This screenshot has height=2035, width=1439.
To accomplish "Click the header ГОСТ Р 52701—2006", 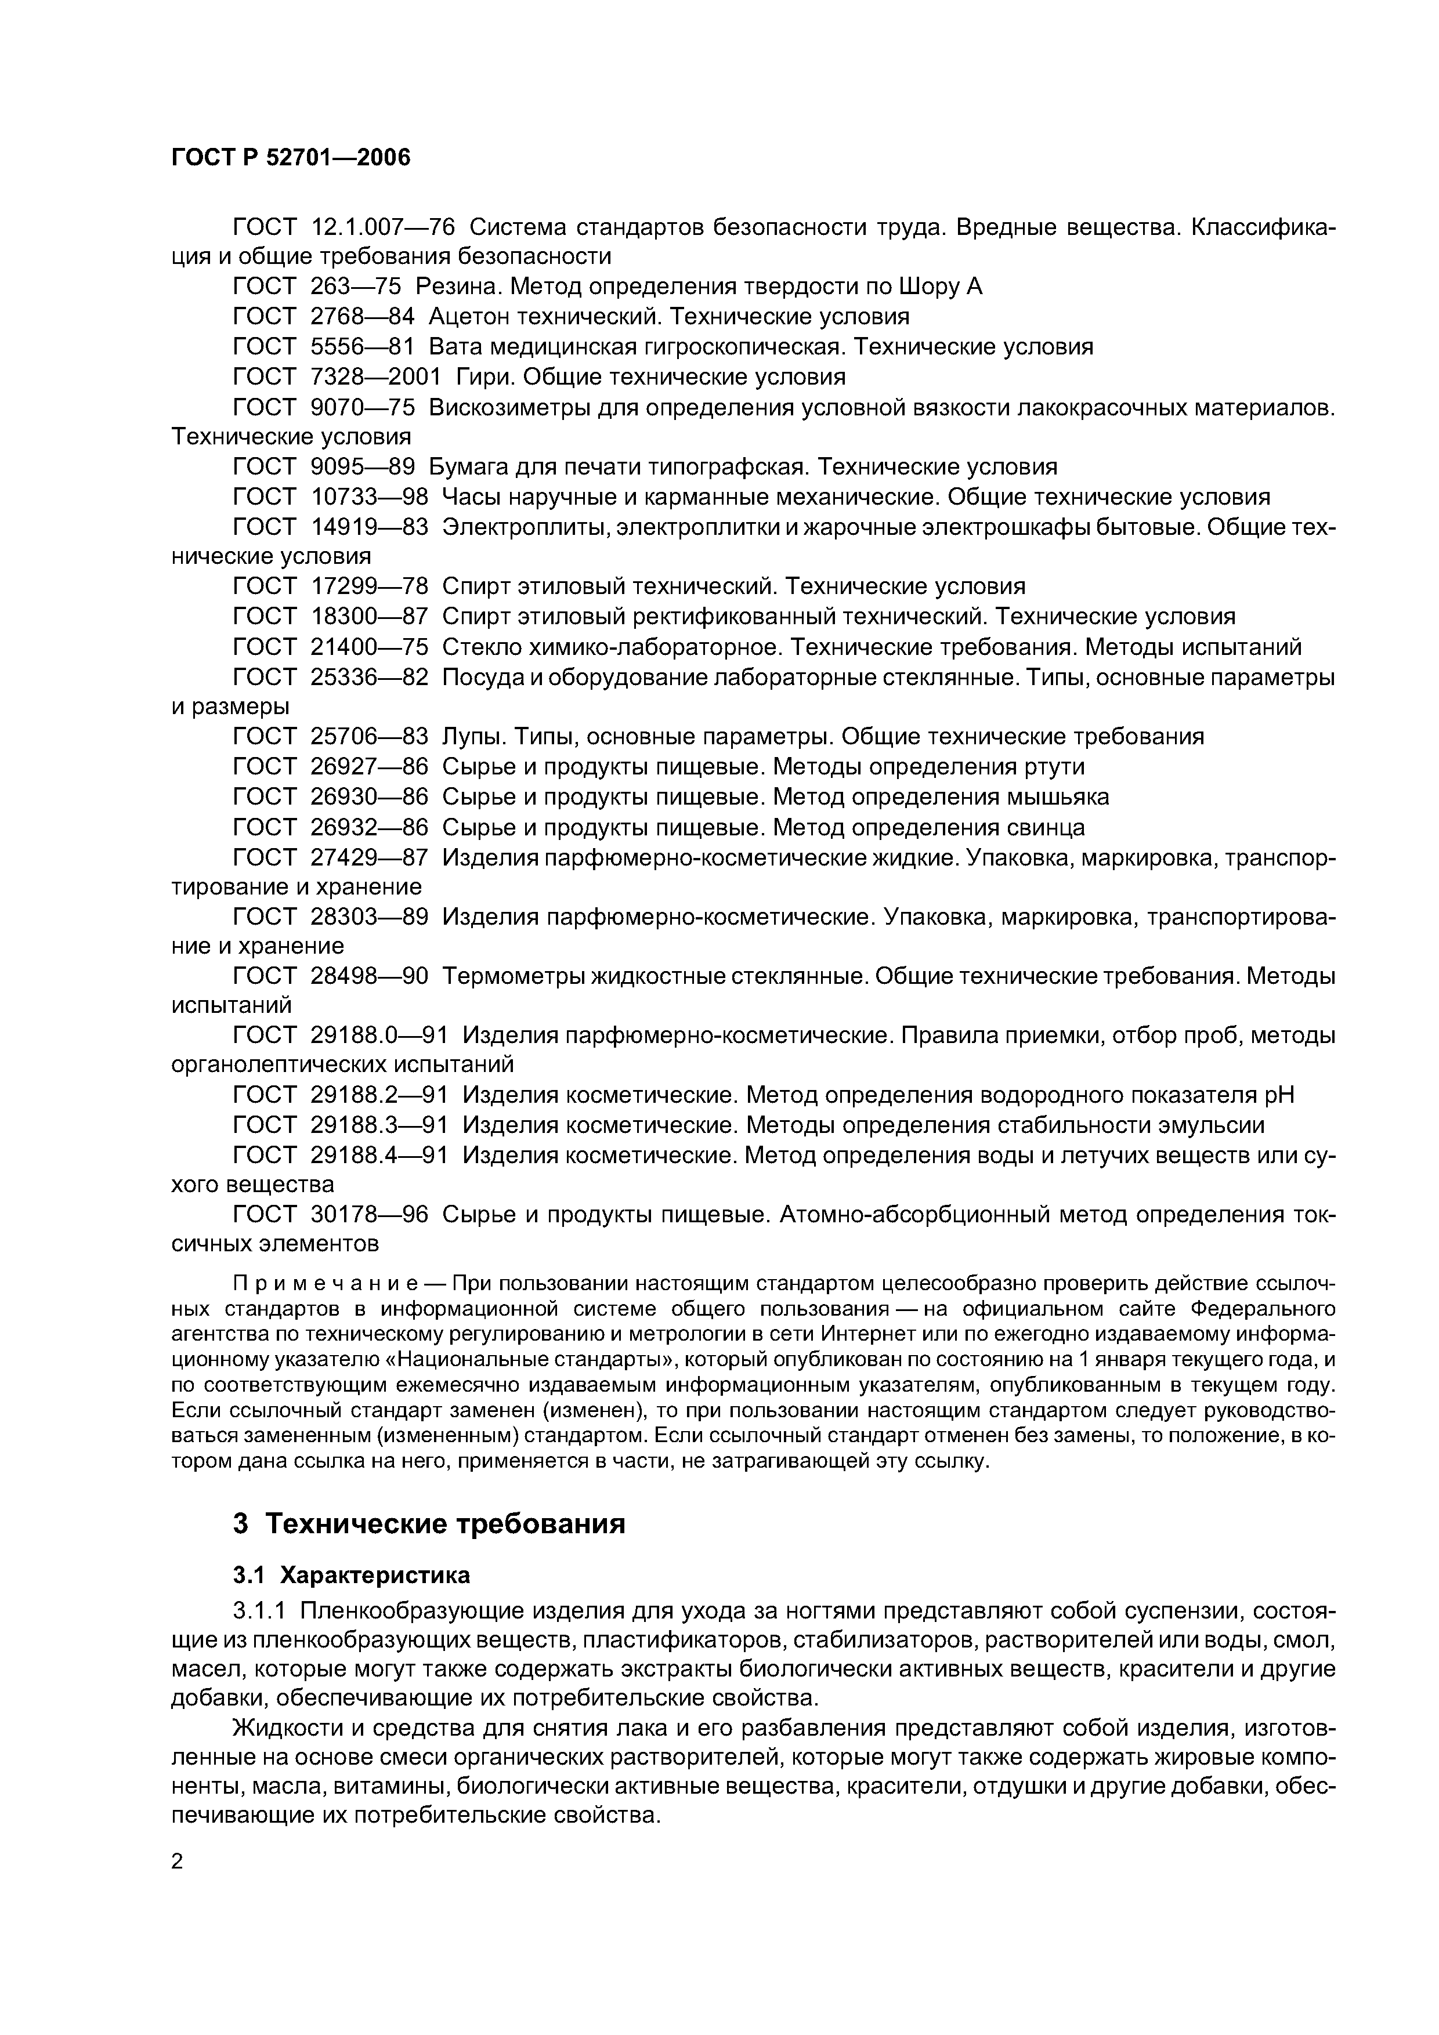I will [290, 158].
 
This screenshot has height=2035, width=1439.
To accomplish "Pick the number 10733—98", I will [369, 497].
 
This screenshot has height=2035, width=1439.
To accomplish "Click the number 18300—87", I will [369, 616].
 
